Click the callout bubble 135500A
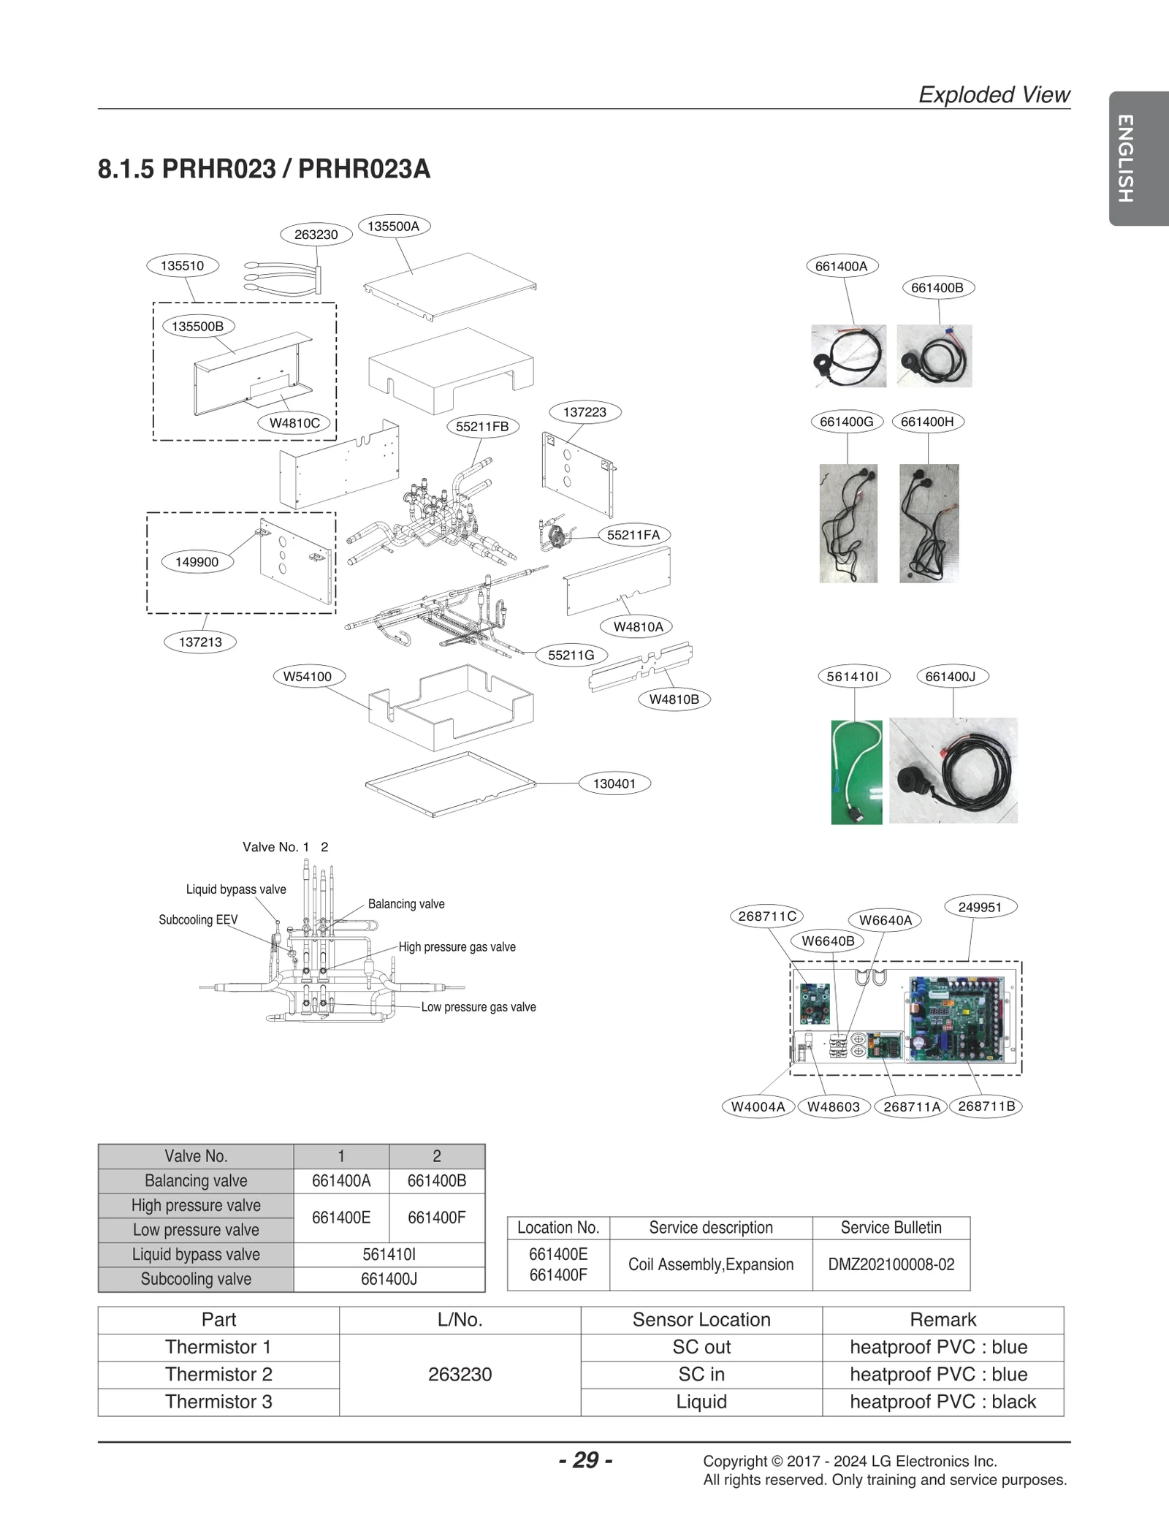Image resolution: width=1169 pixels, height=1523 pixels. pyautogui.click(x=394, y=227)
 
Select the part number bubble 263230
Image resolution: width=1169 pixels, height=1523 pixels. pyautogui.click(x=316, y=235)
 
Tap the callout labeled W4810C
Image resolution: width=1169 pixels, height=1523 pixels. pyautogui.click(x=294, y=423)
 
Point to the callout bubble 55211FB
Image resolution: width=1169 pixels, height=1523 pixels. pyautogui.click(x=482, y=427)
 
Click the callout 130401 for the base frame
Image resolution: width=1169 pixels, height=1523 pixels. pyautogui.click(x=614, y=783)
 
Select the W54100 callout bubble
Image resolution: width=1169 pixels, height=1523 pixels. pyautogui.click(x=307, y=677)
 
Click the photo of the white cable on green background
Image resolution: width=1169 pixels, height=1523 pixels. pyautogui.click(x=856, y=772)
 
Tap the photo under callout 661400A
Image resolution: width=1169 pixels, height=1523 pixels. pyautogui.click(x=848, y=356)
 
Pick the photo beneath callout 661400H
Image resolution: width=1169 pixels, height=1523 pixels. pyautogui.click(x=929, y=523)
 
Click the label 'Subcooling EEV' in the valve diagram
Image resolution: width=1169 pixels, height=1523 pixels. pyautogui.click(x=198, y=920)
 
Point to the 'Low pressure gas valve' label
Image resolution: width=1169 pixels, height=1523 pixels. pyautogui.click(x=478, y=1007)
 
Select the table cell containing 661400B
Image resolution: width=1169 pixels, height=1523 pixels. pyautogui.click(x=436, y=1180)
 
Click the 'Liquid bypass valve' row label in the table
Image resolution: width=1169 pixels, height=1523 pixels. pyautogui.click(x=196, y=1254)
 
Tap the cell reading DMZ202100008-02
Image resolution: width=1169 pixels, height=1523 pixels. pyautogui.click(x=891, y=1264)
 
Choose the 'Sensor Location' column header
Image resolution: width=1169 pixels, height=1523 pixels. pyautogui.click(x=701, y=1319)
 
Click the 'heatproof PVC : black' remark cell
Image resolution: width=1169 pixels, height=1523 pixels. pyautogui.click(x=943, y=1401)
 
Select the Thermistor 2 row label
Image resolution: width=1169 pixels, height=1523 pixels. pyautogui.click(x=218, y=1374)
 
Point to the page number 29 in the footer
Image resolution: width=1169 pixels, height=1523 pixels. pyautogui.click(x=585, y=1459)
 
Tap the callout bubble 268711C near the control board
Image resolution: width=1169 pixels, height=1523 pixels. pyautogui.click(x=766, y=916)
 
